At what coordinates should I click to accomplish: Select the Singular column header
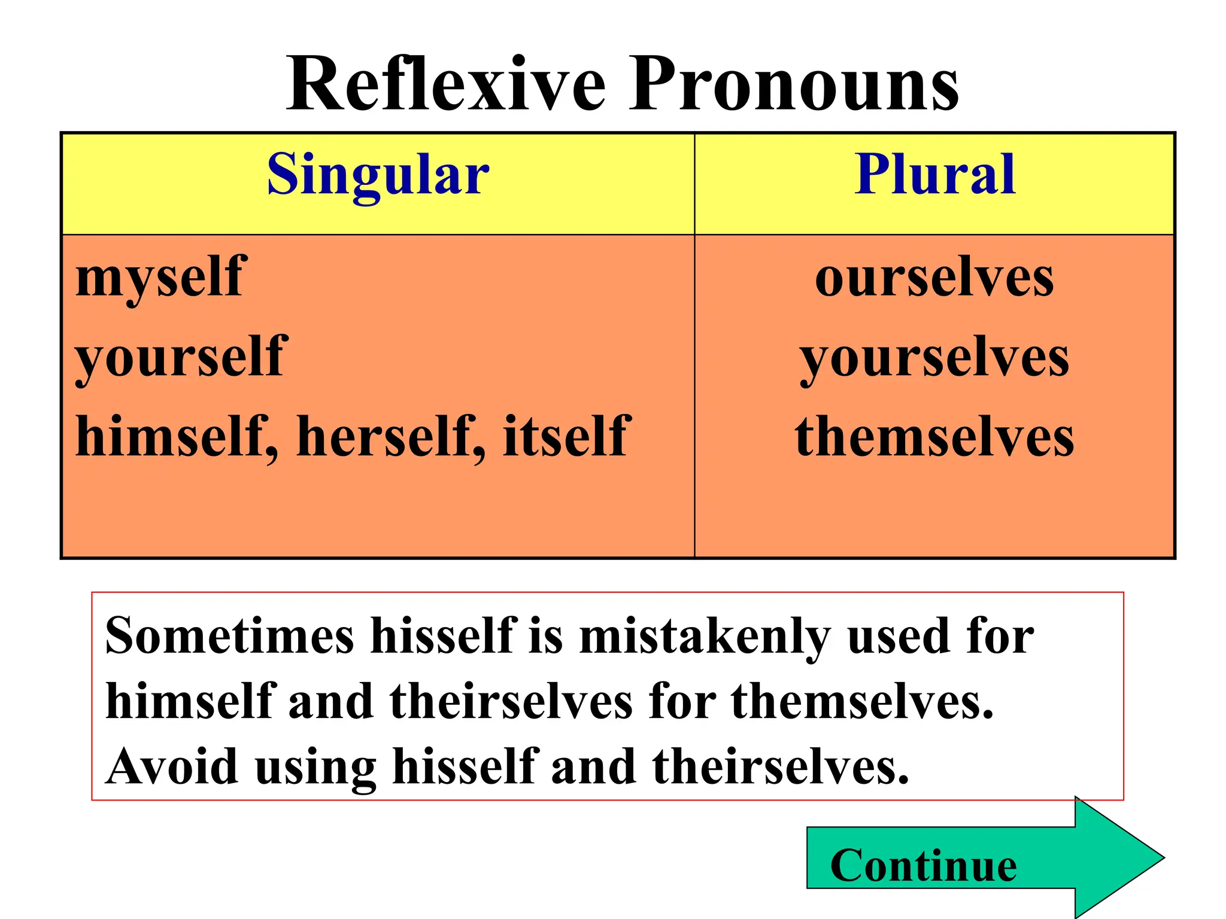click(378, 175)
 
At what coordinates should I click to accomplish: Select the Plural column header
click(934, 175)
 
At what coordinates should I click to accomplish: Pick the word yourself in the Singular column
click(181, 357)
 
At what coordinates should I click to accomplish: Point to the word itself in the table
click(566, 437)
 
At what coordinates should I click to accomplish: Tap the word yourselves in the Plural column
click(934, 358)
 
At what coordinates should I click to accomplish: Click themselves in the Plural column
click(934, 437)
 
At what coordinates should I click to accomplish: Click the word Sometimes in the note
click(230, 635)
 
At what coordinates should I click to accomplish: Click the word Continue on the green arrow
click(923, 866)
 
